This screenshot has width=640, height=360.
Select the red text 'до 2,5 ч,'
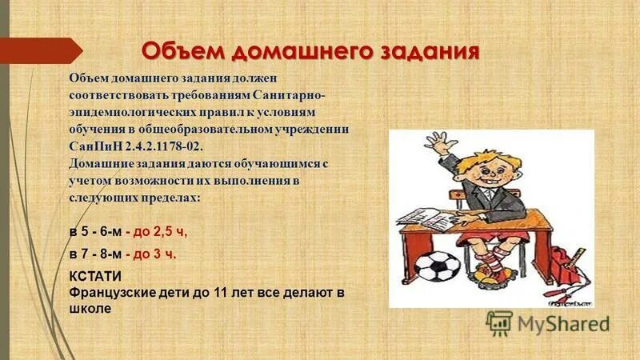click(x=160, y=232)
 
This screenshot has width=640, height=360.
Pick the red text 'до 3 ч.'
click(x=155, y=254)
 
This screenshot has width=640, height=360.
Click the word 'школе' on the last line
click(x=90, y=308)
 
